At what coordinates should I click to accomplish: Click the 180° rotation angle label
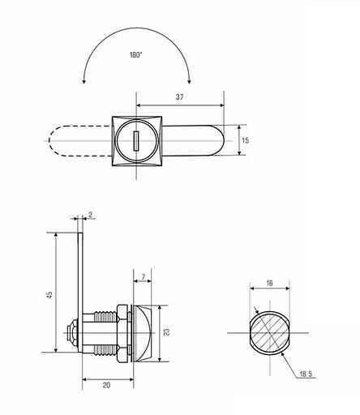click(x=135, y=55)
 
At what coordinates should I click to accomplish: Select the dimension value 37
click(x=179, y=97)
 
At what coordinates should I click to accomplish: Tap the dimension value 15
click(x=245, y=140)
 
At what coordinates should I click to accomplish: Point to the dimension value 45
click(x=49, y=294)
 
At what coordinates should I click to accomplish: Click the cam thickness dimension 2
click(x=91, y=215)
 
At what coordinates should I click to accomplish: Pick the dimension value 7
click(x=144, y=276)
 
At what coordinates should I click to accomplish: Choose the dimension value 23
click(x=167, y=332)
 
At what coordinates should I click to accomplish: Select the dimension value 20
click(x=107, y=385)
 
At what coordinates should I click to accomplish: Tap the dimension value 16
click(x=269, y=283)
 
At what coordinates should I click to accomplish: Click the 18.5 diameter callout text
click(x=306, y=374)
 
